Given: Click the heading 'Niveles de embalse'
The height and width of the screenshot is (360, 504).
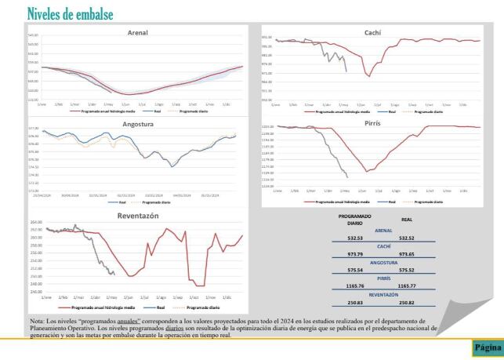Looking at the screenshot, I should (x=69, y=13).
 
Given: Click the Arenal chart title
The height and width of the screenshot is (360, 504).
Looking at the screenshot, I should (x=138, y=33).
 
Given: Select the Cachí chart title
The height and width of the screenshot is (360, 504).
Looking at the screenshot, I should (x=373, y=31).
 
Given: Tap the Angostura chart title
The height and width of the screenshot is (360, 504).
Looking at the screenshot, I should (x=138, y=125).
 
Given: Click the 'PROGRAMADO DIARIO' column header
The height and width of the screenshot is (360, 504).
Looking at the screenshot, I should (x=355, y=219).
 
